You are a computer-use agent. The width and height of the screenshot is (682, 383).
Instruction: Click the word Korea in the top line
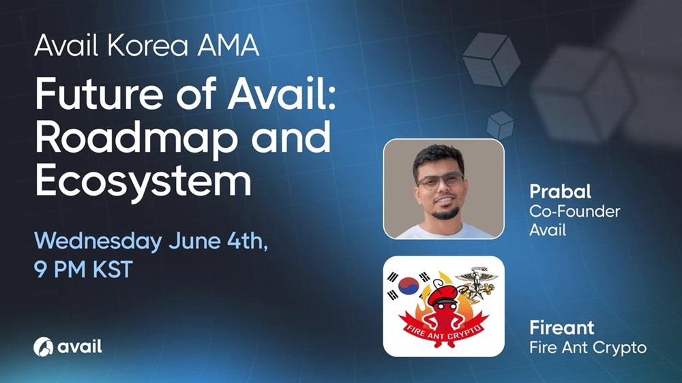click(x=147, y=45)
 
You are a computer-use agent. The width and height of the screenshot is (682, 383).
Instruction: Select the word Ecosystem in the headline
click(x=143, y=181)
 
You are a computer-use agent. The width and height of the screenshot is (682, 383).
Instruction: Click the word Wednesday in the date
click(x=98, y=241)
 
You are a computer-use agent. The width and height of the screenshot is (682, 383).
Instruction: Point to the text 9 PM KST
click(x=83, y=270)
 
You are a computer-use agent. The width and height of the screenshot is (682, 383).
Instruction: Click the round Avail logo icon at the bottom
click(x=43, y=347)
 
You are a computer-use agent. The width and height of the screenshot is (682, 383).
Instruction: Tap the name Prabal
click(x=560, y=191)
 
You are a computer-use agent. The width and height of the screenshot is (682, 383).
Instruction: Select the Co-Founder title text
click(x=574, y=211)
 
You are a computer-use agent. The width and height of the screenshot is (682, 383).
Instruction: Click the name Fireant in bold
click(x=561, y=327)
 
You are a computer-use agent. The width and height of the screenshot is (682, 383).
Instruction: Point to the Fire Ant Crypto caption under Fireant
click(x=588, y=348)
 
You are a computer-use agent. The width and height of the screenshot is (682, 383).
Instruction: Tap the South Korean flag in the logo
click(x=409, y=286)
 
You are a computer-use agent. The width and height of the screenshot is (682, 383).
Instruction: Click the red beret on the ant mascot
click(x=442, y=296)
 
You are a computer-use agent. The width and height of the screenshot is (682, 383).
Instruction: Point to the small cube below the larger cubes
click(x=500, y=125)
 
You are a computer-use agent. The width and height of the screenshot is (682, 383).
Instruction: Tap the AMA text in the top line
click(x=228, y=45)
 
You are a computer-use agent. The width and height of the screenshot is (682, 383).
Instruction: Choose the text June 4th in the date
click(x=218, y=241)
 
